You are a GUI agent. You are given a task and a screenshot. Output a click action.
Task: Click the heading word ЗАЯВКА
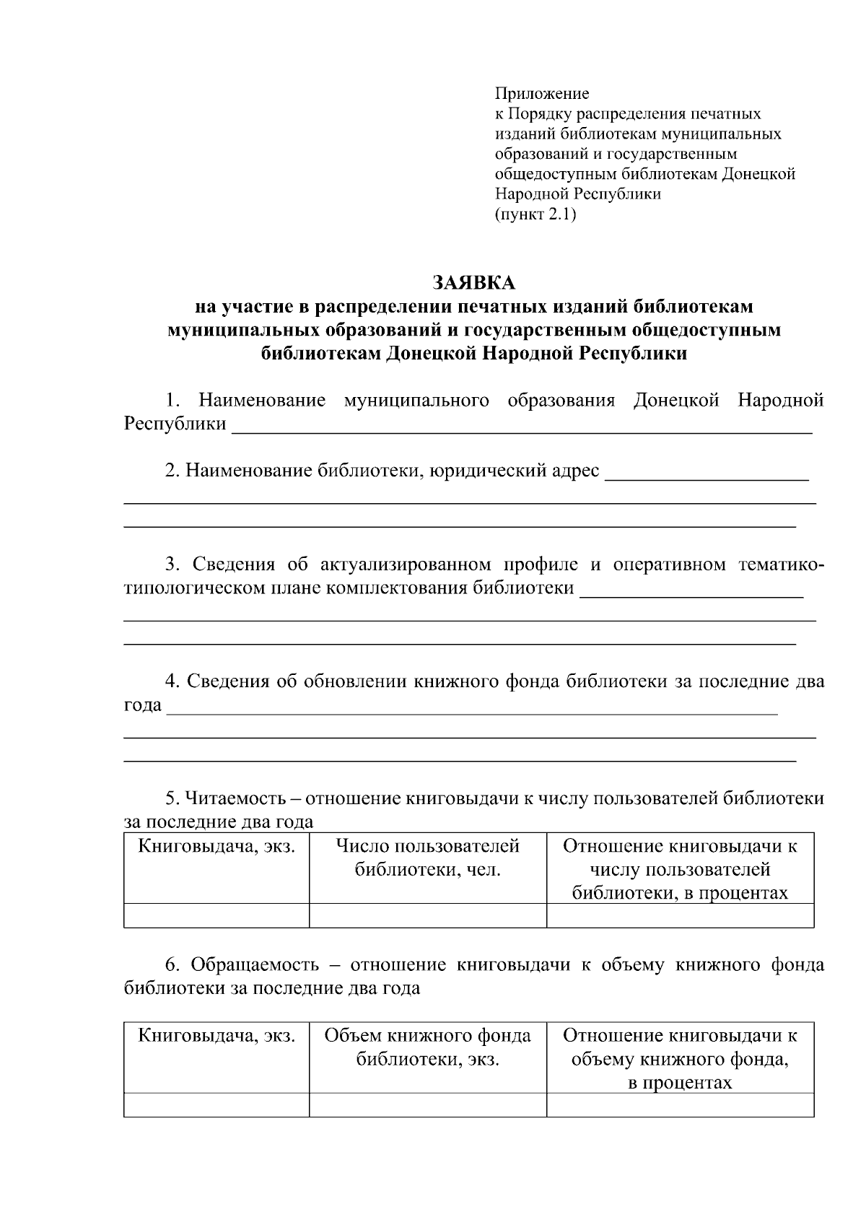coord(473,282)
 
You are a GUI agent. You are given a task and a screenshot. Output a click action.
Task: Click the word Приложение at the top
coord(541,93)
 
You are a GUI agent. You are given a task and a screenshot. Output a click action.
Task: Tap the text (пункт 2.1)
coord(535,214)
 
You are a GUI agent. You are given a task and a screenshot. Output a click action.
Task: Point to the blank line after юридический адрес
coord(706,476)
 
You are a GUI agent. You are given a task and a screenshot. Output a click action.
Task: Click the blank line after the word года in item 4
coord(472,712)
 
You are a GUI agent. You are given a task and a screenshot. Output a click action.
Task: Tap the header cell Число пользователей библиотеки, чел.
coord(428,858)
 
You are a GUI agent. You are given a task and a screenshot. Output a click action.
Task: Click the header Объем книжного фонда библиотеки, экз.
coord(428,1047)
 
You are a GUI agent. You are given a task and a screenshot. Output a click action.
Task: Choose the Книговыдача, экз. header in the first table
coord(216,846)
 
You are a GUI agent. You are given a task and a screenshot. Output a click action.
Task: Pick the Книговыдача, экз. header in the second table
coord(216,1036)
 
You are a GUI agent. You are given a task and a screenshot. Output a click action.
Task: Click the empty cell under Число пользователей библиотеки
coord(428,915)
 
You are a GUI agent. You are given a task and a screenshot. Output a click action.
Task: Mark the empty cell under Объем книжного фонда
coord(428,1105)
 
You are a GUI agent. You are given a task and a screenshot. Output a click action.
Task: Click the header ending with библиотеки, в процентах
coord(680,869)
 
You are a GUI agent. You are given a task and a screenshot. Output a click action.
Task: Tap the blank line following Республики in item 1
coord(521,430)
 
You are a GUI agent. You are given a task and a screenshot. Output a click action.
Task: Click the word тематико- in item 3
coord(781,564)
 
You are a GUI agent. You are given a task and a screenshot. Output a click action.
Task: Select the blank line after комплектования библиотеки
coord(691,595)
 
